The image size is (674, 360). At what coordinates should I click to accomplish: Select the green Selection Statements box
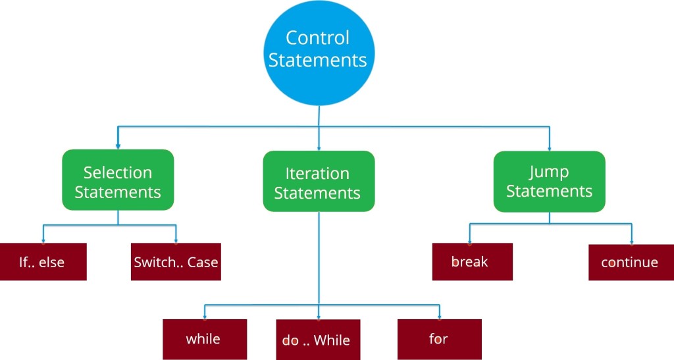118,181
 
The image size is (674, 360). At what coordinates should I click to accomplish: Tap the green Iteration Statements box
319,182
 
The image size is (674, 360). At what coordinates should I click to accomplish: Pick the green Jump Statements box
549,182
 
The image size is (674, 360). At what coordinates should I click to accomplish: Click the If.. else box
43,262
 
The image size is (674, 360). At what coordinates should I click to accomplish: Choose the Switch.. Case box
175,262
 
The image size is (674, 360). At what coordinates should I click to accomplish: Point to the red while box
204,339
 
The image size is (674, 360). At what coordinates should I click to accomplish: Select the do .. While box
318,340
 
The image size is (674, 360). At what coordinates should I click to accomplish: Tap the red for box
439,339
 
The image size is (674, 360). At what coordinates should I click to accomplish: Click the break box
471,262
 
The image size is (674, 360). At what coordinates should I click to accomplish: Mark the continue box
631,262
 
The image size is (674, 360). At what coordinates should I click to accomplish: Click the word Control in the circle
318,38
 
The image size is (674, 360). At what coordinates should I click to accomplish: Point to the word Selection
118,172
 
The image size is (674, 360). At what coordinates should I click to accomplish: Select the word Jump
549,172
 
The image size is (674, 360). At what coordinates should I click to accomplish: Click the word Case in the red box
203,262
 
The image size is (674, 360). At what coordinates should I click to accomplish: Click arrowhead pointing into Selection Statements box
118,145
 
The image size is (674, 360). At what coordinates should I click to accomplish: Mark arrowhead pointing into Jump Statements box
549,147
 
